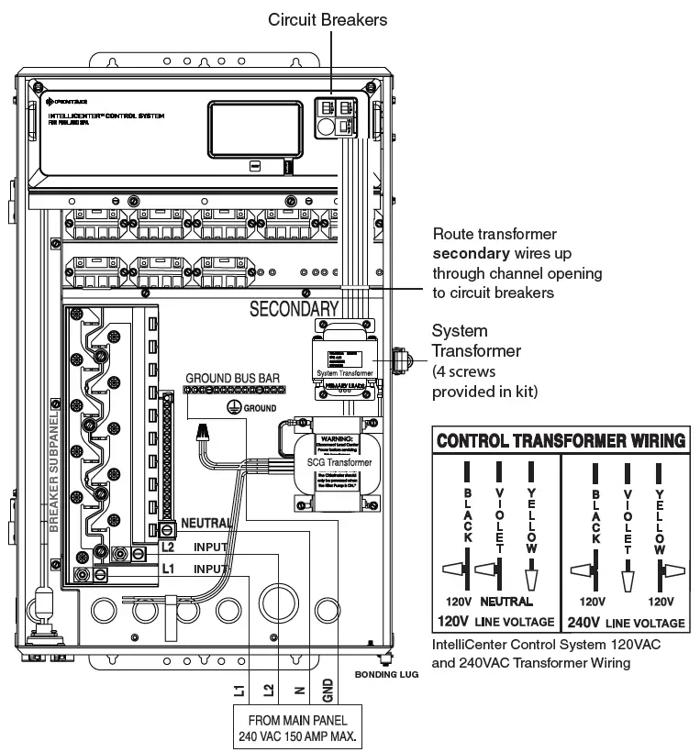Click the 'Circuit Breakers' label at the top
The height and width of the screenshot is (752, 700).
pos(327,18)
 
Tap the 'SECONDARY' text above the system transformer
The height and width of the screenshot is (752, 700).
pos(294,309)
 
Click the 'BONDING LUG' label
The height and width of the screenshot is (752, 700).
pos(385,674)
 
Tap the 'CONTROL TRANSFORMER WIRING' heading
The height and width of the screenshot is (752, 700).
pos(560,440)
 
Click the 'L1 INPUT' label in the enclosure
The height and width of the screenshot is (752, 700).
pos(194,569)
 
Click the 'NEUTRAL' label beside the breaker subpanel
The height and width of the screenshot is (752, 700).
pos(206,523)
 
